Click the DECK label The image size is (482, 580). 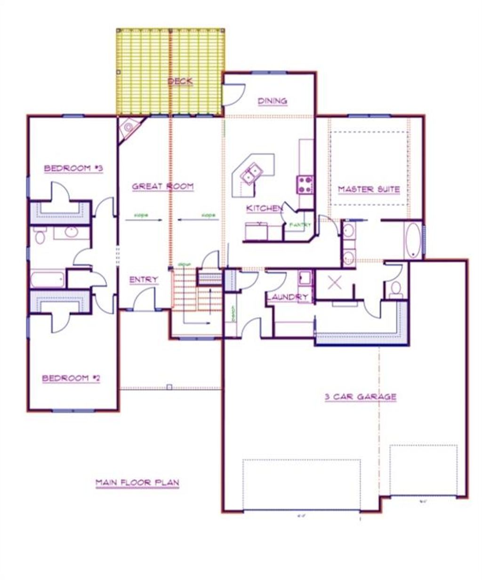[x=180, y=81]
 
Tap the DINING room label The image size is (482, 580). [x=273, y=101]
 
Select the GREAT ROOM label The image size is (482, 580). [x=162, y=186]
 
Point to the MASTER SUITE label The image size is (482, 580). [x=369, y=190]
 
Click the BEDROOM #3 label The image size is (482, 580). [x=73, y=168]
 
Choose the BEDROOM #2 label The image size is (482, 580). [x=71, y=378]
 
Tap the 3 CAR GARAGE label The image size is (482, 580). [x=361, y=397]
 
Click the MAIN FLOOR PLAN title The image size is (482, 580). [x=137, y=483]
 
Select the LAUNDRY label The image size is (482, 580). [x=287, y=297]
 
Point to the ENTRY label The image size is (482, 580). [x=144, y=280]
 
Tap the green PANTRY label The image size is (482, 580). [x=300, y=225]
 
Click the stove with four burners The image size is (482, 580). [x=305, y=184]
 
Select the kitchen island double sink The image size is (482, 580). [x=250, y=173]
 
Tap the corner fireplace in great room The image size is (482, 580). [x=128, y=128]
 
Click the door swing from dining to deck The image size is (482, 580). [x=233, y=94]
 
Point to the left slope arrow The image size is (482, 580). [x=144, y=219]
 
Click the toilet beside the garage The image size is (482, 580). [x=396, y=288]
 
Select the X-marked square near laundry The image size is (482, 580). [x=334, y=283]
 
